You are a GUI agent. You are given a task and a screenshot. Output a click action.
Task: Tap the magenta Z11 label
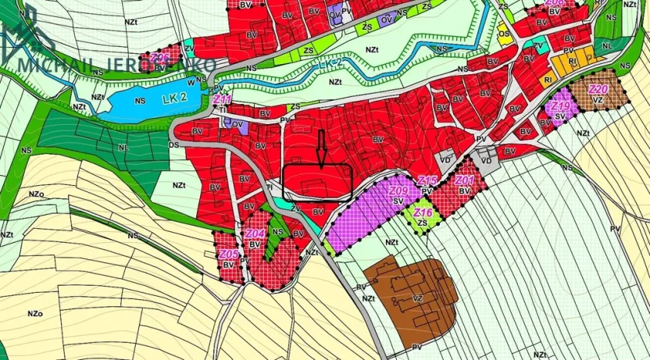(223, 100)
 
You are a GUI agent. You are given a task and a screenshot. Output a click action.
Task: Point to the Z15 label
(427, 181)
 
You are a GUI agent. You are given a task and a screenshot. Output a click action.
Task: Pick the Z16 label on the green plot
(423, 212)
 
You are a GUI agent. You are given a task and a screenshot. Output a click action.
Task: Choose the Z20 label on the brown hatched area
(599, 90)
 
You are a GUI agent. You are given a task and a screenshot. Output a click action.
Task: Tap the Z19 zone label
(560, 105)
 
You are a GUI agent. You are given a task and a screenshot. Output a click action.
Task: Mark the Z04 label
(255, 233)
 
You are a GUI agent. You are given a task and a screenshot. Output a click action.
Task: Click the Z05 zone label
(228, 255)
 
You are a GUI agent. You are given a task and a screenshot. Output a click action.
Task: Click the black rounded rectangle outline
(317, 180)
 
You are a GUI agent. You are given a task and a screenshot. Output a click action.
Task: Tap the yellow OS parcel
(505, 34)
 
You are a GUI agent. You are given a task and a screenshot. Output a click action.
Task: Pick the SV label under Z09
(398, 201)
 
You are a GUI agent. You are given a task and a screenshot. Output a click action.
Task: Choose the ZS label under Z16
(423, 223)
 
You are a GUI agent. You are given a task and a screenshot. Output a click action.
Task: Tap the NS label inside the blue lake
(141, 101)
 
